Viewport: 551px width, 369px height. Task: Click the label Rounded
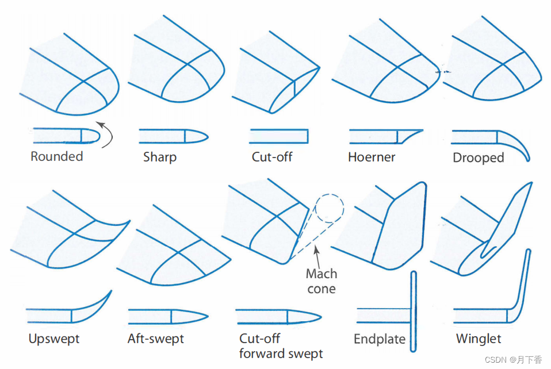pos(57,156)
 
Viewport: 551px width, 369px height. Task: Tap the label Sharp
pos(159,157)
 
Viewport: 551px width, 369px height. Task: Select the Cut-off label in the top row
pos(272,157)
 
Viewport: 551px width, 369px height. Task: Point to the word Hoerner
pos(372,157)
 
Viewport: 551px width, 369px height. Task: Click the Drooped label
pos(478,157)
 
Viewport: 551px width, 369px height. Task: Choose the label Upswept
pos(55,339)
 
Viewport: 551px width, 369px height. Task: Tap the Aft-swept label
pos(156,339)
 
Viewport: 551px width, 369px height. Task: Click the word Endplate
pos(380,339)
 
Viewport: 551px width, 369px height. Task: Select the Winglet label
pos(479,339)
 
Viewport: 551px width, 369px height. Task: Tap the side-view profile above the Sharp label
pos(173,136)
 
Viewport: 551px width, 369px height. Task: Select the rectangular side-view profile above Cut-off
pos(278,136)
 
